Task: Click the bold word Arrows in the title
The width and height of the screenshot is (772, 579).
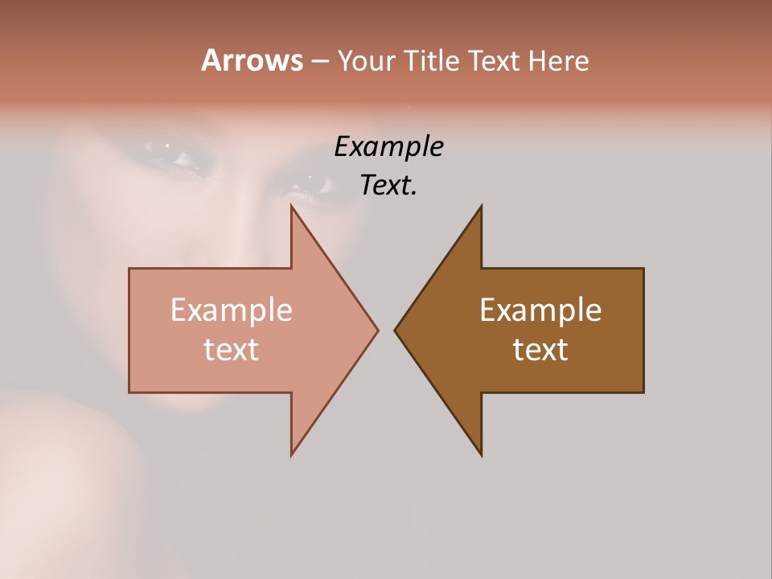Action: [x=252, y=60]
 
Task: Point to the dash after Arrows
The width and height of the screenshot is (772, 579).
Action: [x=319, y=61]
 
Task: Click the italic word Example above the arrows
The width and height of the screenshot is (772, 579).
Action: [x=388, y=147]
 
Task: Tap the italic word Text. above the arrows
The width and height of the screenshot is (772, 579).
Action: [x=388, y=185]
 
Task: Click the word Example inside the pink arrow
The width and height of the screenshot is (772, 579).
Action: [x=232, y=310]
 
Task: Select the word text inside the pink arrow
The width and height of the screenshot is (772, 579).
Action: [x=232, y=349]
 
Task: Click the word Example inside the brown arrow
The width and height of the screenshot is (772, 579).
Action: [x=540, y=310]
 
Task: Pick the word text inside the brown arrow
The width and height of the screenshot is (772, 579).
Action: [x=540, y=349]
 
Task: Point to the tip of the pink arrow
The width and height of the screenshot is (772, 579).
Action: [x=377, y=330]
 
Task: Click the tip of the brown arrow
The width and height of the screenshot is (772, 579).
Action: [x=395, y=330]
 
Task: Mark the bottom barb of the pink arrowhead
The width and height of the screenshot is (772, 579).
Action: [x=292, y=454]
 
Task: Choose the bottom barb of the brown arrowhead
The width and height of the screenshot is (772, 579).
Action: [x=481, y=454]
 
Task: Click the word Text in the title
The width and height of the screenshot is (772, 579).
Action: [x=494, y=60]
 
